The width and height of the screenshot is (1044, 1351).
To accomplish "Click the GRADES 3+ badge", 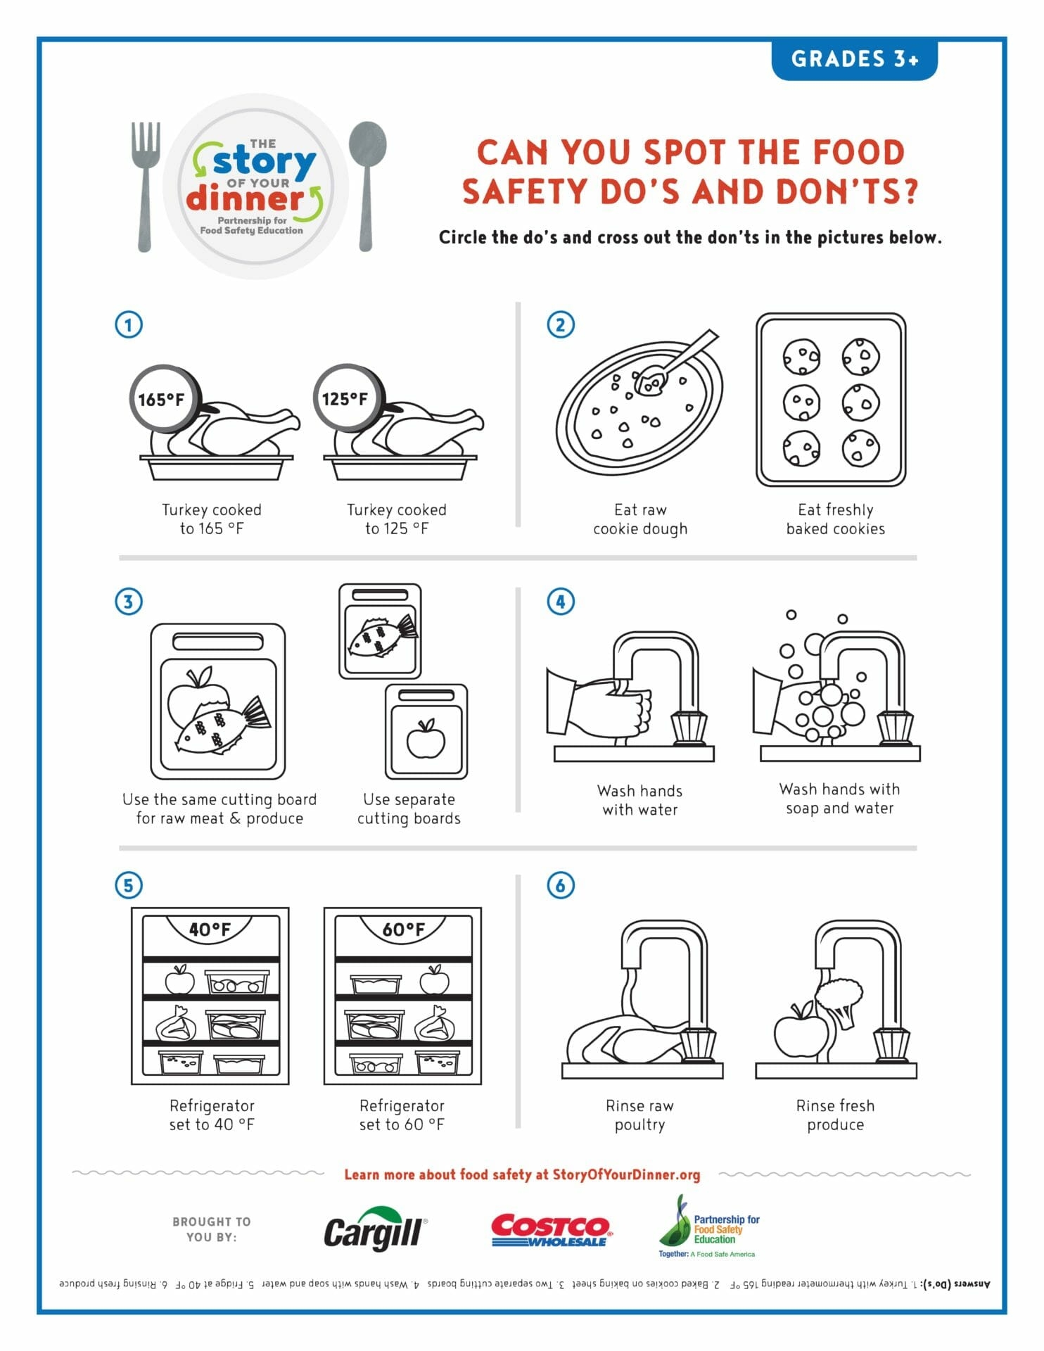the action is pos(854,59).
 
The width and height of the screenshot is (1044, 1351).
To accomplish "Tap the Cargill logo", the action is pos(376,1231).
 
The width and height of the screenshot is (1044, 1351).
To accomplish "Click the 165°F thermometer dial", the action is pos(164,398).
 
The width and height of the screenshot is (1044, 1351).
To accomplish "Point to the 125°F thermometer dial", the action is pos(348,398).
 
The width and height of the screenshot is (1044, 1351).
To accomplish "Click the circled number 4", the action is pos(561,602).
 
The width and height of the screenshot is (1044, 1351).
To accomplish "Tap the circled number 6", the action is pos(561,884).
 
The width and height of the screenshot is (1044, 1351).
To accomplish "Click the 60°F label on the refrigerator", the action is pos(403,930).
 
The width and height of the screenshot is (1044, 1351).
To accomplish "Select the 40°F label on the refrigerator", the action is pos(210,930).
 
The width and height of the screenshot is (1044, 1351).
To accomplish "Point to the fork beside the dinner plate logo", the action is pos(145,187).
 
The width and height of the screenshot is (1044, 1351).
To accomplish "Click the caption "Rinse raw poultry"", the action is pos(639,1115).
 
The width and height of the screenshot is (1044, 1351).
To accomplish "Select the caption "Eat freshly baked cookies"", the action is pos(836,519).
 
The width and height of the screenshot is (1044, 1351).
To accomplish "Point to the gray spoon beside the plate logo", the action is pos(367,186).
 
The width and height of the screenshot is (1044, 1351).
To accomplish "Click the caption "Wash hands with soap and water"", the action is pos(839,799).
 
